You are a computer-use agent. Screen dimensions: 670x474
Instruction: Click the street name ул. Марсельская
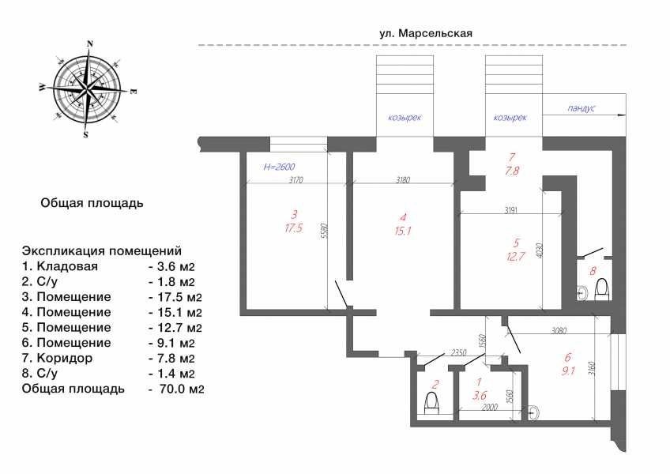tap(426, 33)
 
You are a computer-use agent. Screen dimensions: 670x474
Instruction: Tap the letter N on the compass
tap(90, 43)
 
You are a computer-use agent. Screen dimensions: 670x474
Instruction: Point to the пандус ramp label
tap(582, 108)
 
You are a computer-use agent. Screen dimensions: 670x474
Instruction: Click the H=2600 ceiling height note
tap(279, 167)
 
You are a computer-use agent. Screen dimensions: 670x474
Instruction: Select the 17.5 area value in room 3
tap(294, 228)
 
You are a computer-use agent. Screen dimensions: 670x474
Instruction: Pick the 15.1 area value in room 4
tap(403, 231)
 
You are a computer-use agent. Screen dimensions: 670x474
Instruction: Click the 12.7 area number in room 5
tap(515, 258)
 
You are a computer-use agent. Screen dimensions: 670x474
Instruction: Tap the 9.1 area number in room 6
tap(568, 371)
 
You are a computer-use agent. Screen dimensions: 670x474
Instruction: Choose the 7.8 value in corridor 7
tap(511, 171)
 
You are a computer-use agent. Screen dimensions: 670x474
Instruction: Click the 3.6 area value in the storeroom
tap(479, 395)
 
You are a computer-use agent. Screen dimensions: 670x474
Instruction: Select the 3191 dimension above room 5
tap(511, 210)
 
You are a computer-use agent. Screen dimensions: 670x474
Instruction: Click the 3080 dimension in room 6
tap(559, 330)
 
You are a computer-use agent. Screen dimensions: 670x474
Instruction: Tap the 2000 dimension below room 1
tap(489, 407)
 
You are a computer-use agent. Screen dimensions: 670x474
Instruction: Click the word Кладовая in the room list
tap(67, 266)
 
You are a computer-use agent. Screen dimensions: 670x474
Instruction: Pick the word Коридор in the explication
tap(65, 358)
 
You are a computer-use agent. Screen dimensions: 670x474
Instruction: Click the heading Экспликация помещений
tap(102, 250)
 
